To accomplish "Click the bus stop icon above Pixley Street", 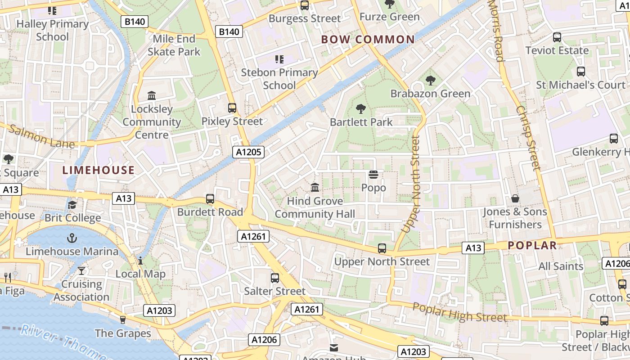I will pos(232,108).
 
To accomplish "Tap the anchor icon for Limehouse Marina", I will pos(72,238).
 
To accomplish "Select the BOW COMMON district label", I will pos(368,40).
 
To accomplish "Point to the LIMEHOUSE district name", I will pos(99,170).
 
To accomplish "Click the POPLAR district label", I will pos(532,245).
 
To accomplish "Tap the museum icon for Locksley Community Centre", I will pos(152,96).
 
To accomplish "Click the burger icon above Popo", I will pos(373,174).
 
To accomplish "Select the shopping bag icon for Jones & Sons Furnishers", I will pos(515,198).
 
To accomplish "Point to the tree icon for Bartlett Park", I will pos(360,108).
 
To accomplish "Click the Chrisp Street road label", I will pos(528,138).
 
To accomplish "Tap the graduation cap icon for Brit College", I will pos(72,205).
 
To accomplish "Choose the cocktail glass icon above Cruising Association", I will pos(81,270).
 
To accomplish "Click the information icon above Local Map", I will pos(140,261).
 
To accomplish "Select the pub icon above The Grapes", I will pos(123,319).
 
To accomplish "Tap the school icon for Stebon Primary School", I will pos(279,59).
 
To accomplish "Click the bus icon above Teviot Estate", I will pos(557,37).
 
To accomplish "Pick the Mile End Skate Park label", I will pos(174,45).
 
